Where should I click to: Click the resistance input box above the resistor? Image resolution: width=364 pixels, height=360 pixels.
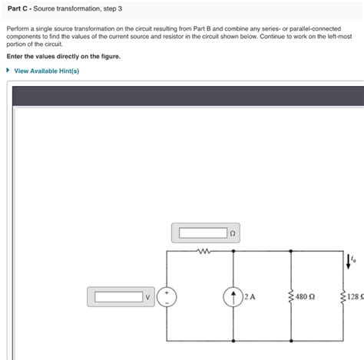pyautogui.click(x=201, y=233)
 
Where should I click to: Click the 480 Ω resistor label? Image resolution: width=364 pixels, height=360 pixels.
pyautogui.click(x=305, y=296)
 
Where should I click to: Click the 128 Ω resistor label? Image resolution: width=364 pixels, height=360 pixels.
pyautogui.click(x=354, y=296)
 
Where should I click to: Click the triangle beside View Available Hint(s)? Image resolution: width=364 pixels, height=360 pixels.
pyautogui.click(x=8, y=71)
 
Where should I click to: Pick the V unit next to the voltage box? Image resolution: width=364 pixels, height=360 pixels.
pyautogui.click(x=149, y=296)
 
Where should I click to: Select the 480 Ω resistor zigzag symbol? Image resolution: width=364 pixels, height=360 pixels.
pyautogui.click(x=291, y=296)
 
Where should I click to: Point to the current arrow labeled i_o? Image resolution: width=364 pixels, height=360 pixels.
pyautogui.click(x=349, y=263)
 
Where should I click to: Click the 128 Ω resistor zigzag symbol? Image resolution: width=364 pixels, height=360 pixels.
pyautogui.click(x=342, y=296)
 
